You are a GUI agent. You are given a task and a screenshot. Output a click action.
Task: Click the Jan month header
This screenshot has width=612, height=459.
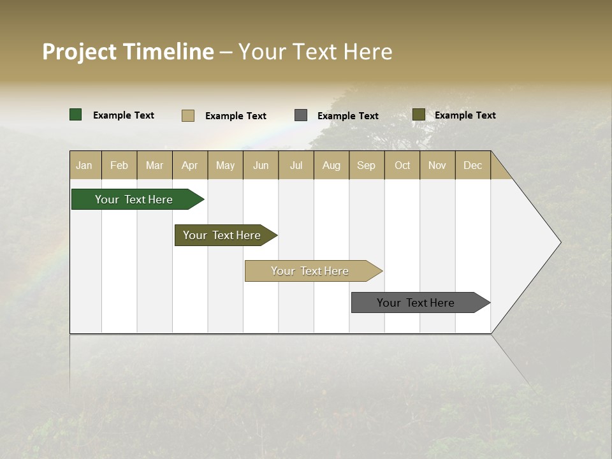85,165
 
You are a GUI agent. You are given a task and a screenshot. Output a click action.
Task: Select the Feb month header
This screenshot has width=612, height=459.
119,165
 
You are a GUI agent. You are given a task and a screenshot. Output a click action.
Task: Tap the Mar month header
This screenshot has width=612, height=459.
154,165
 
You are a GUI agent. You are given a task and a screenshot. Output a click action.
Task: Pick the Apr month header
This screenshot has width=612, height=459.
190,165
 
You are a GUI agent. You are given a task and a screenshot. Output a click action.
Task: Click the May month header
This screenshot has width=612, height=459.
225,165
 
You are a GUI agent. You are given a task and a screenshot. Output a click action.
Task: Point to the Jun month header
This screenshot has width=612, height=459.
261,165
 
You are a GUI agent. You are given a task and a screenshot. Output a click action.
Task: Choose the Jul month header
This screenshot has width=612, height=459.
296,165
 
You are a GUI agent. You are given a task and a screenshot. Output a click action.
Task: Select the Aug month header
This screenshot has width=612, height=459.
331,165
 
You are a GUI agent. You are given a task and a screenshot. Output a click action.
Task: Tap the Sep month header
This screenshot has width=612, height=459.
367,165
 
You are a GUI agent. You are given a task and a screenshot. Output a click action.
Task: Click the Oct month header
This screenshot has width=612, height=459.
402,165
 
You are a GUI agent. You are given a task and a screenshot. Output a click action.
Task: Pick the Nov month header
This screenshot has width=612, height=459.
437,165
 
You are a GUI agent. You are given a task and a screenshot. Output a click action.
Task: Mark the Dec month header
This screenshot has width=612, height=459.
473,165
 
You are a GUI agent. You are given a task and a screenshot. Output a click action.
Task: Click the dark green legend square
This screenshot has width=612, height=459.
76,115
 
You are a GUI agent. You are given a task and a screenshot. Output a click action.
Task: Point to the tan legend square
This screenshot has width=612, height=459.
188,115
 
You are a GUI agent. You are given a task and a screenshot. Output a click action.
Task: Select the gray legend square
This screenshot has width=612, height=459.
301,115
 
